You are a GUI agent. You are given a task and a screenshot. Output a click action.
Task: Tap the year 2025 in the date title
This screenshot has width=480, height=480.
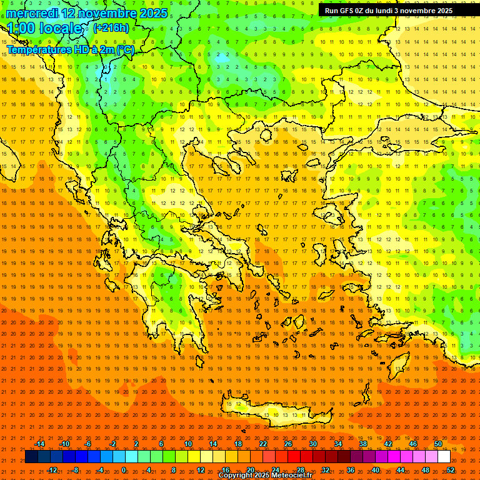(152, 13)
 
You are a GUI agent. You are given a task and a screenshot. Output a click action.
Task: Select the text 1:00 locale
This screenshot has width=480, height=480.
(47, 29)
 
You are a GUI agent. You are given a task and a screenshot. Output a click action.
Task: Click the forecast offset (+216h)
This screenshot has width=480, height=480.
(111, 28)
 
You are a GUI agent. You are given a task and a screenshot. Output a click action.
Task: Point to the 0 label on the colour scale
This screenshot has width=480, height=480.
(124, 469)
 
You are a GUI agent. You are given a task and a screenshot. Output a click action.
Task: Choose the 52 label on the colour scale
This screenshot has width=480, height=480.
(451, 469)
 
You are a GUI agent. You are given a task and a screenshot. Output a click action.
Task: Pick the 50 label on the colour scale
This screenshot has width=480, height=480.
(438, 444)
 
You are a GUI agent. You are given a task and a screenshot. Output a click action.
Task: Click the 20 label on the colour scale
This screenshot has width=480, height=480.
(250, 469)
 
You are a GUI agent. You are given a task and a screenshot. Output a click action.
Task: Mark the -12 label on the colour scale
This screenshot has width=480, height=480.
(52, 469)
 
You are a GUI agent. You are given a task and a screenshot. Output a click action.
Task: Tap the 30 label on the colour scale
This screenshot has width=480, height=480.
(312, 444)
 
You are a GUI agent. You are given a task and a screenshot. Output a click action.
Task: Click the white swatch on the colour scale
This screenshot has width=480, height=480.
(444, 457)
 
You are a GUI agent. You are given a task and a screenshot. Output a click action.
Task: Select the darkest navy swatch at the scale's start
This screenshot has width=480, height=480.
(32, 457)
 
